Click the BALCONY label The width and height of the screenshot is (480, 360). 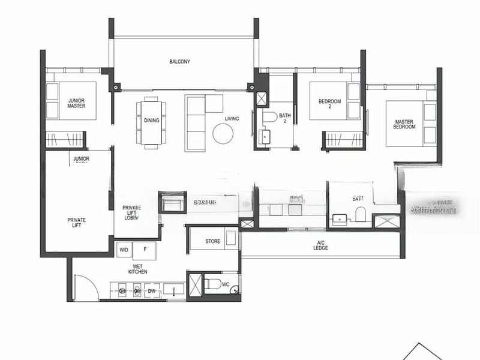(x=179, y=61)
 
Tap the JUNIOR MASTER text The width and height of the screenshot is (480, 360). (x=76, y=103)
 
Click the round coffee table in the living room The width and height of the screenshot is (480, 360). (x=223, y=134)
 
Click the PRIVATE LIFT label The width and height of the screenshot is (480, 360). (x=76, y=223)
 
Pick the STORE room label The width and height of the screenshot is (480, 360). (x=213, y=242)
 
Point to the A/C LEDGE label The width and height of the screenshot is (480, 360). (x=321, y=245)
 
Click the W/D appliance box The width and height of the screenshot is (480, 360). (x=124, y=250)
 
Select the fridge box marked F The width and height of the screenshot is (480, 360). (x=144, y=250)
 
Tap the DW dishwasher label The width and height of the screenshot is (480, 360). (x=151, y=291)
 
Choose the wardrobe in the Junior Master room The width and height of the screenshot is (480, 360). (x=66, y=139)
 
